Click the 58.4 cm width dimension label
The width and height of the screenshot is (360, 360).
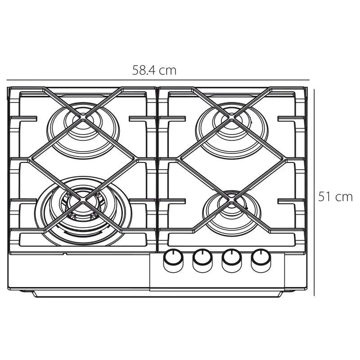154,70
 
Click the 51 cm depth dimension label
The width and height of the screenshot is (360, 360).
335,197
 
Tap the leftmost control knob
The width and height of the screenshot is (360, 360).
173,260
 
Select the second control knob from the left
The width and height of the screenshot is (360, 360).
202,260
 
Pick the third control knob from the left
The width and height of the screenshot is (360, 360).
232,260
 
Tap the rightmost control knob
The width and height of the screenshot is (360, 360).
261,260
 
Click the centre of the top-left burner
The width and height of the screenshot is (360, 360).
83,119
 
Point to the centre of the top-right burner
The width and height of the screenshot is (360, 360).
232,119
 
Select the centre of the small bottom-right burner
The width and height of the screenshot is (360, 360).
232,202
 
